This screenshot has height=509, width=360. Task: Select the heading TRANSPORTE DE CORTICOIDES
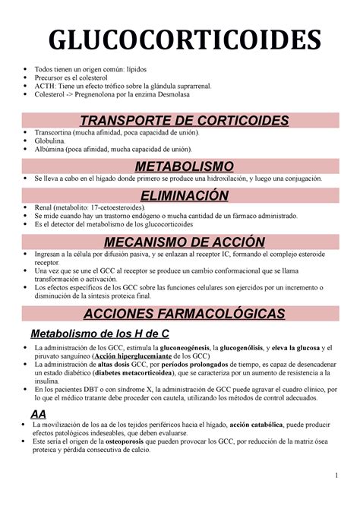click(x=179, y=122)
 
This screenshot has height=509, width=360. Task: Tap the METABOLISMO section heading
click(x=179, y=166)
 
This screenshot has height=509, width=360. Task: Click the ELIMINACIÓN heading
click(x=179, y=195)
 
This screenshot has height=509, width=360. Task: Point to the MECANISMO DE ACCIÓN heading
click(x=179, y=242)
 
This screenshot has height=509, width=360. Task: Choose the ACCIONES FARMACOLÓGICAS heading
click(x=179, y=315)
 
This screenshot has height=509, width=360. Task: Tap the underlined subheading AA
click(x=36, y=413)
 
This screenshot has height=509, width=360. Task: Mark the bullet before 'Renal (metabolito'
click(x=27, y=207)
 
